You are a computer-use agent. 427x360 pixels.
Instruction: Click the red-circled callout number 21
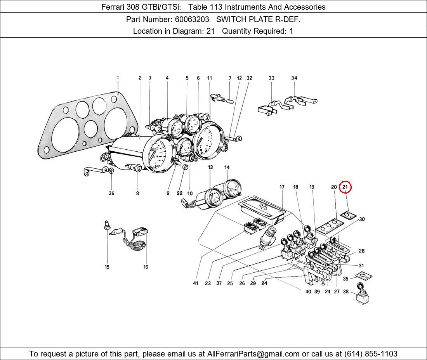tap(345, 187)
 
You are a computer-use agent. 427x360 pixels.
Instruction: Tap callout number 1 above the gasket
tap(118, 78)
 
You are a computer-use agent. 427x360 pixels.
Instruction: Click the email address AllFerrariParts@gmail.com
tap(253, 354)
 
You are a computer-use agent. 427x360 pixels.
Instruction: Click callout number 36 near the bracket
tap(111, 194)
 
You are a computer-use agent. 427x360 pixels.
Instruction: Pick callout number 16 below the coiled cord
tap(146, 267)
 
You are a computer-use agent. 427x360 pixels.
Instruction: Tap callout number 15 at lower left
tap(107, 267)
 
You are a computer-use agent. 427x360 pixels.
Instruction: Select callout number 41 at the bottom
tap(196, 284)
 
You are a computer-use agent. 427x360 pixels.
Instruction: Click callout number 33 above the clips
tap(271, 78)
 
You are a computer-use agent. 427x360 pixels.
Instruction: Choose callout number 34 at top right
tap(294, 78)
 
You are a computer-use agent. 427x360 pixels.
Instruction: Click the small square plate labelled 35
tap(364, 277)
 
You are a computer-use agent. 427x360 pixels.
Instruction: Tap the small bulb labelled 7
tap(230, 102)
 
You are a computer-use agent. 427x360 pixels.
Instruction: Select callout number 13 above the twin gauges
tap(210, 168)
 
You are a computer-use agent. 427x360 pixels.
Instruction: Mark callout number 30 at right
tap(362, 220)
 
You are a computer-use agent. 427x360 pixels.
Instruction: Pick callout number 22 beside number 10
tap(180, 194)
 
